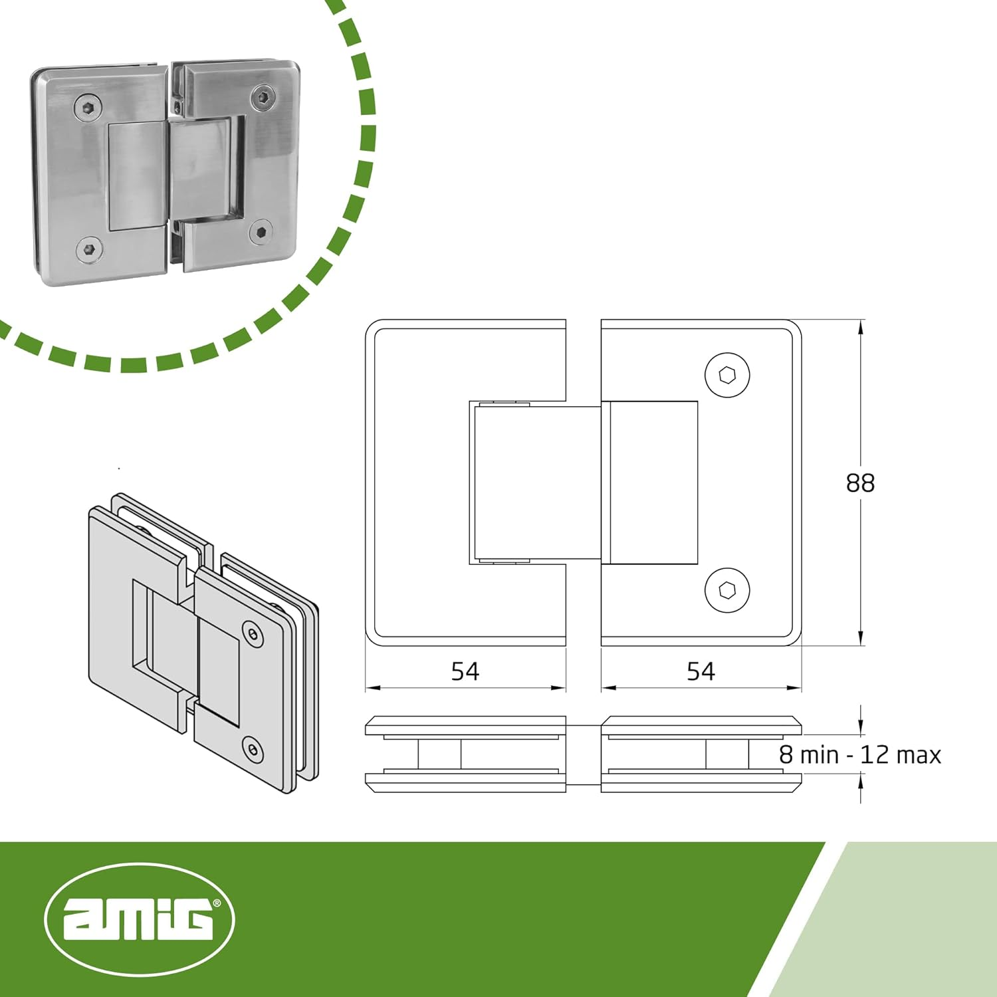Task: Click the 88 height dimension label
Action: click(x=860, y=483)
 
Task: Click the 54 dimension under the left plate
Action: click(x=465, y=671)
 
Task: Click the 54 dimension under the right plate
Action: click(x=701, y=671)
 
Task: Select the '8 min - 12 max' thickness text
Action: click(x=860, y=755)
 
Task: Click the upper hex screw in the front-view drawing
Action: click(x=727, y=376)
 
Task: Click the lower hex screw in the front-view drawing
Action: click(x=727, y=590)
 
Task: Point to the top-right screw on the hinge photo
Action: click(x=264, y=98)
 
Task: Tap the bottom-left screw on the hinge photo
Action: click(x=89, y=250)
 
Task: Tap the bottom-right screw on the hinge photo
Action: click(x=261, y=232)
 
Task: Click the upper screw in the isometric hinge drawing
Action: click(x=253, y=634)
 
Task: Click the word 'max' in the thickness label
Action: click(x=918, y=755)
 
